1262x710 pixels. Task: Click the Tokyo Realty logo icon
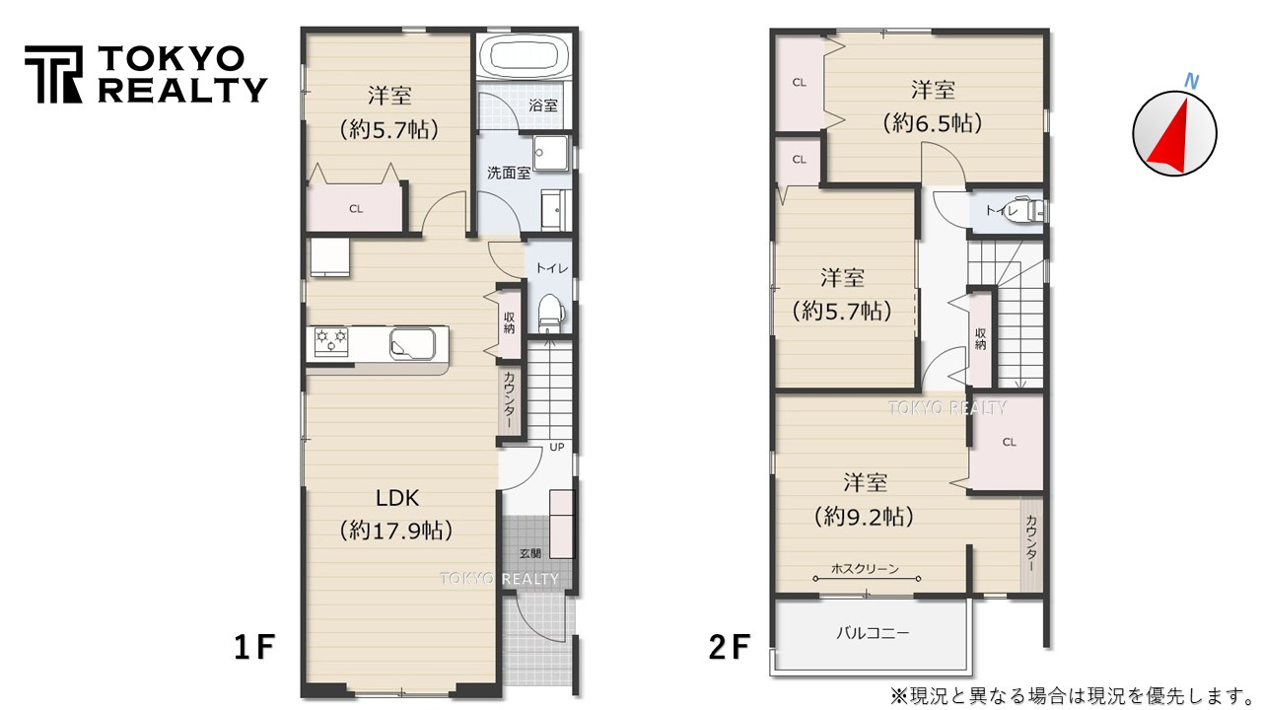tap(53, 74)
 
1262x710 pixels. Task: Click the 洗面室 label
tap(509, 173)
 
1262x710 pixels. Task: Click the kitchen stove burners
tap(330, 340)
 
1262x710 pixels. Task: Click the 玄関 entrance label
tap(528, 553)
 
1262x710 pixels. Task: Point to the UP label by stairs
tap(556, 447)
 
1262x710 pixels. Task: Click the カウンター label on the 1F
tap(509, 399)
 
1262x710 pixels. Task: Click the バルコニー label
tap(873, 632)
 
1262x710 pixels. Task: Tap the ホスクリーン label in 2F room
tap(865, 568)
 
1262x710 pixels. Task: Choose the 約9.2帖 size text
tap(864, 516)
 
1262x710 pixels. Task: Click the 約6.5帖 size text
tap(932, 123)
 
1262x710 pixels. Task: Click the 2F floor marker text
tap(730, 647)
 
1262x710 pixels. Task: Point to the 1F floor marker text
tap(253, 647)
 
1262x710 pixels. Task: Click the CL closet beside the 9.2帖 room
tap(1009, 443)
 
